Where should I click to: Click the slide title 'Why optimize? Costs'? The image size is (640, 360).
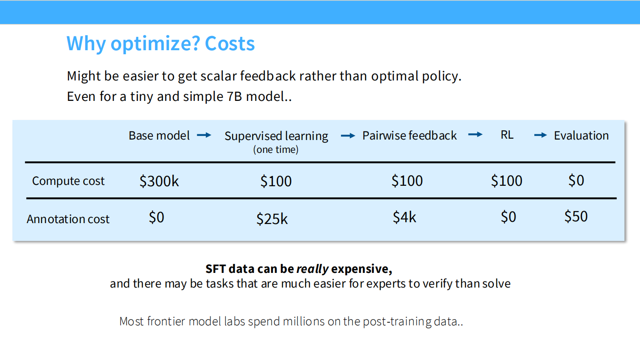click(x=160, y=44)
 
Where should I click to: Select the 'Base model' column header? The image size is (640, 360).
click(x=159, y=136)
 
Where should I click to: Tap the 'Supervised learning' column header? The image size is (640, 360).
click(x=276, y=136)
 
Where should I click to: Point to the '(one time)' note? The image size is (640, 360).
click(x=276, y=150)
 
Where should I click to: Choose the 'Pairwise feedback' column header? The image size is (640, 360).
click(x=409, y=136)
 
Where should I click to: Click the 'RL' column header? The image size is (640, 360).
click(x=507, y=135)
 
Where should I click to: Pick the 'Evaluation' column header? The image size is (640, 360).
click(x=581, y=136)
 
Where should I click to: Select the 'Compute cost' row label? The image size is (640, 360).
click(x=68, y=181)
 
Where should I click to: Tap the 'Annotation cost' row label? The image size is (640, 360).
click(x=68, y=219)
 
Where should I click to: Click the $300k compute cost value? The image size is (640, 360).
click(x=159, y=181)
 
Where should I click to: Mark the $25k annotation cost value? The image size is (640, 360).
click(x=272, y=219)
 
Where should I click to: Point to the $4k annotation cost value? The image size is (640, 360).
click(x=404, y=217)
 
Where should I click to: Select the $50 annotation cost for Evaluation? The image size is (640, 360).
click(x=576, y=216)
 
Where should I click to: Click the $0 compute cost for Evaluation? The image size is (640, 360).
click(x=576, y=180)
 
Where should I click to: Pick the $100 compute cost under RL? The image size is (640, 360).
click(x=507, y=180)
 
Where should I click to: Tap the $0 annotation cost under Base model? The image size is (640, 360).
click(x=156, y=217)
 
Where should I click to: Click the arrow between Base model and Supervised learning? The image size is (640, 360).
click(x=204, y=135)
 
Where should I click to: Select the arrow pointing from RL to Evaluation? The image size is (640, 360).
click(x=540, y=135)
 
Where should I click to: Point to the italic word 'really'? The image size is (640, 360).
click(x=312, y=269)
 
